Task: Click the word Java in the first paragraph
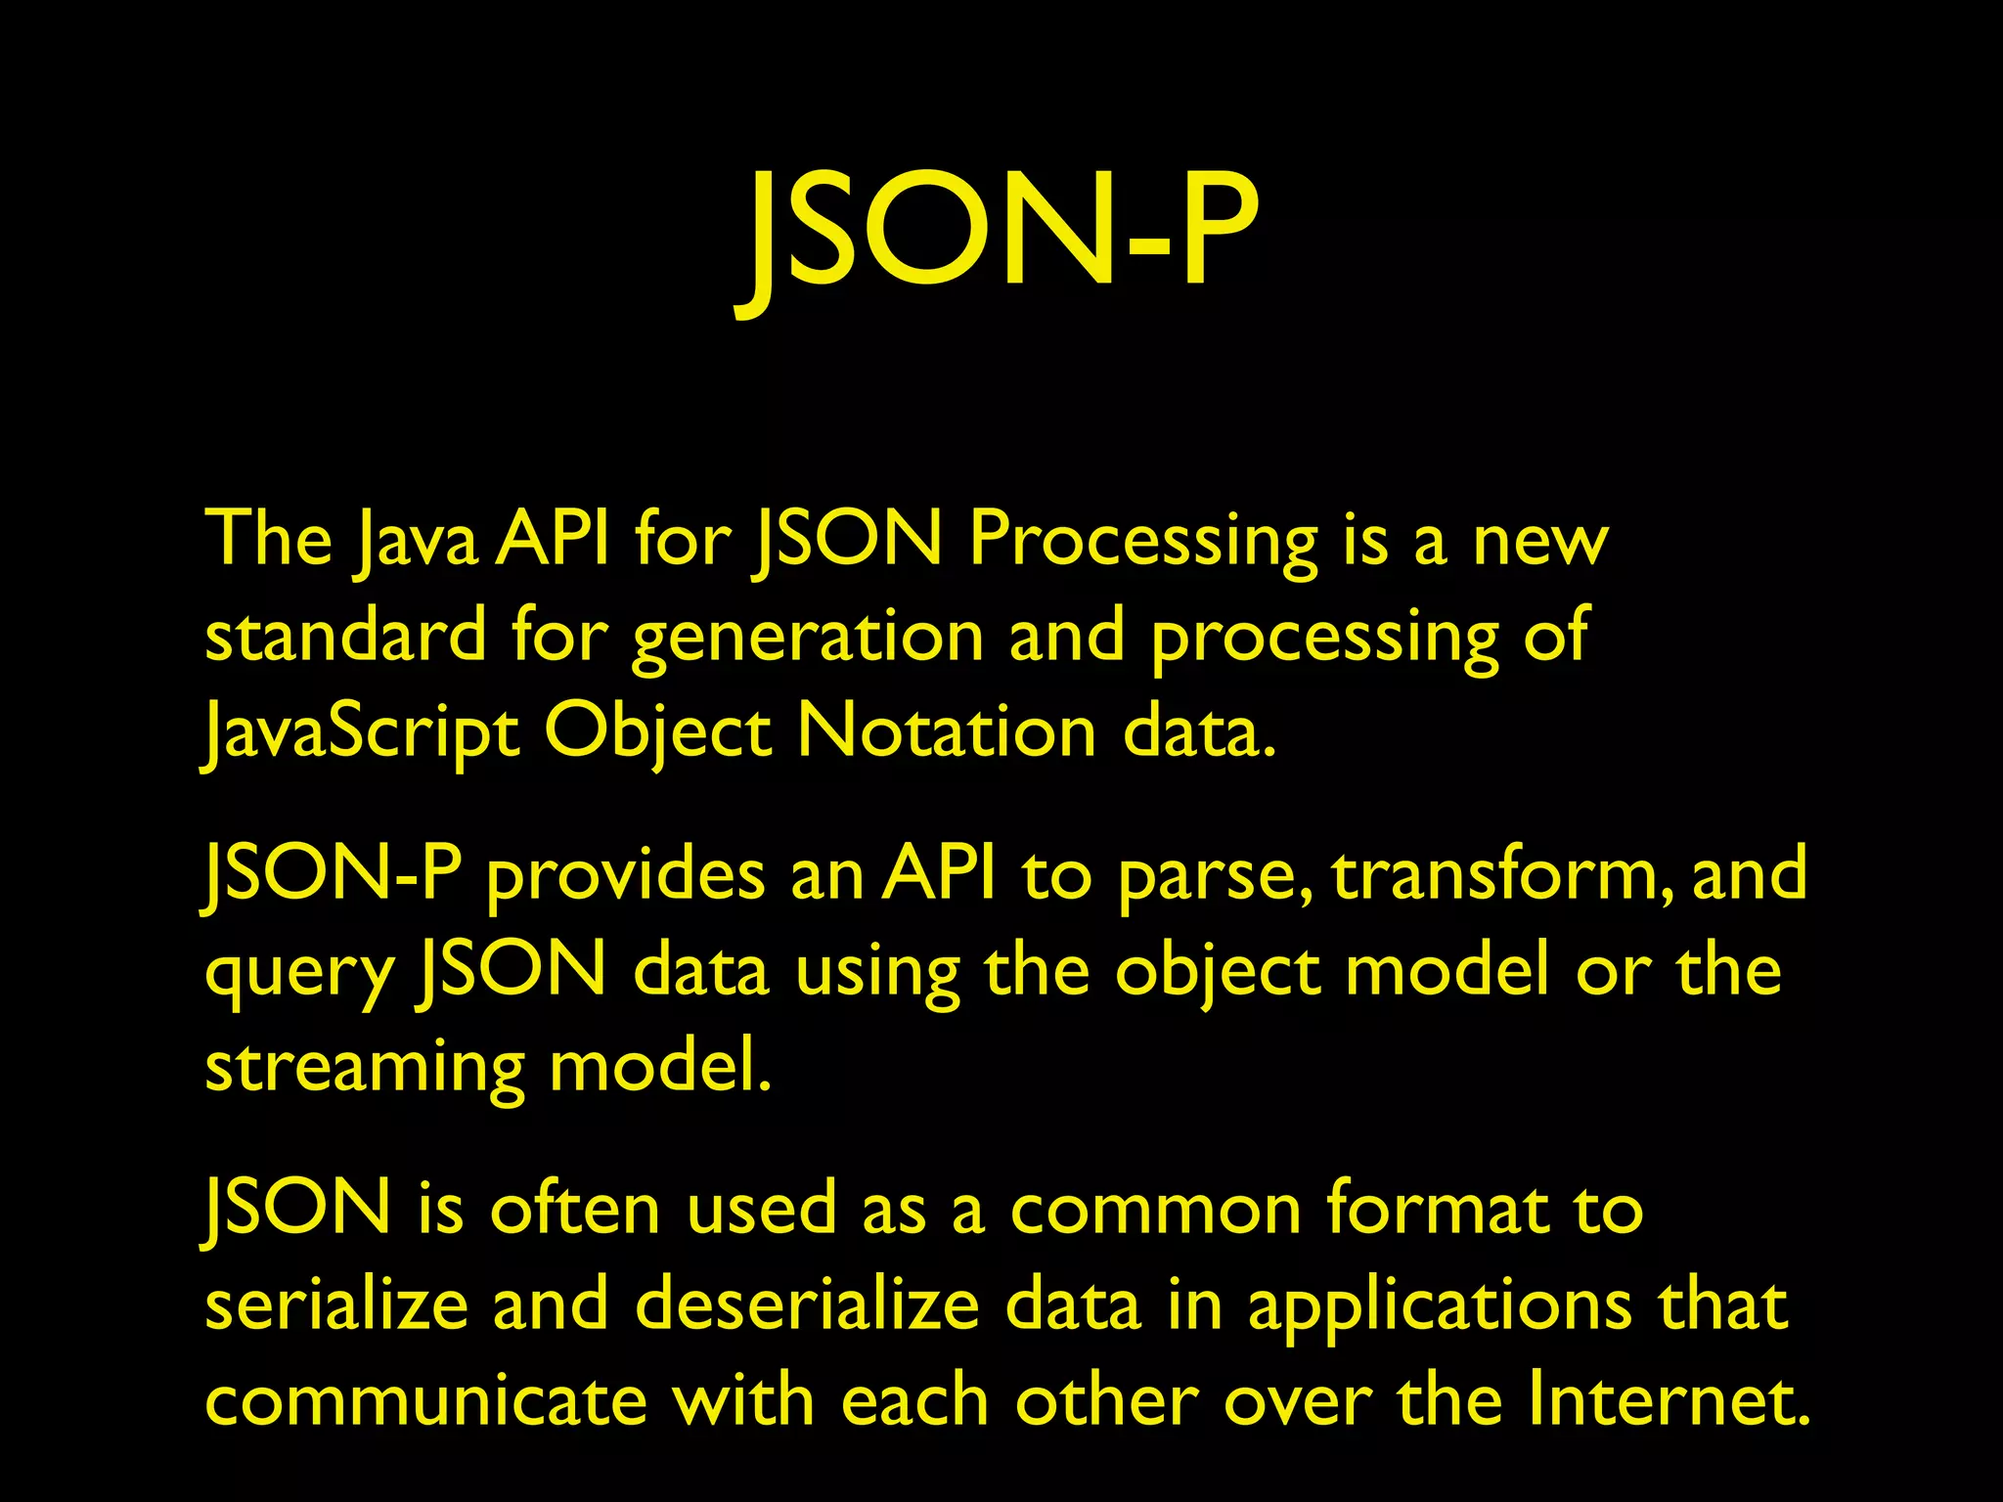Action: [x=416, y=541]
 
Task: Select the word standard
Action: [x=345, y=637]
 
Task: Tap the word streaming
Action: [x=365, y=1069]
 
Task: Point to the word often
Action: [x=575, y=1210]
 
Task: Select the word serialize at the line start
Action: [x=336, y=1305]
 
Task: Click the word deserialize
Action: [x=807, y=1305]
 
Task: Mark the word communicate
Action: [x=426, y=1400]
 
